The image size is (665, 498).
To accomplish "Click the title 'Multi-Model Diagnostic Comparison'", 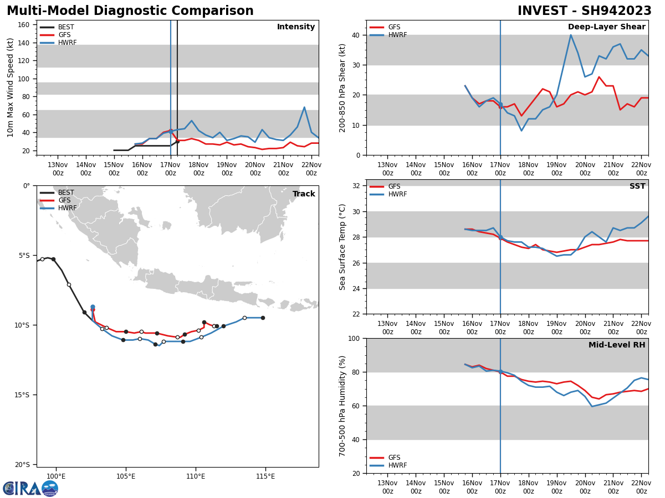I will [130, 11].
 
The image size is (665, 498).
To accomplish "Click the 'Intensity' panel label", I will [296, 27].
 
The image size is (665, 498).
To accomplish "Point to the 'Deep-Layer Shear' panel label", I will [606, 27].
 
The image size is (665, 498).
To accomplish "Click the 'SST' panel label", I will [637, 186].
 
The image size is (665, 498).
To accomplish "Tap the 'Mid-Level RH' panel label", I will [617, 345].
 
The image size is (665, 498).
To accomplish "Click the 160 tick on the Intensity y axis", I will [24, 25].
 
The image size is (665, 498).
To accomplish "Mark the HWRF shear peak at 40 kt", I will [570, 35].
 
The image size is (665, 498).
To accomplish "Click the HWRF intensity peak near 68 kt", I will [304, 107].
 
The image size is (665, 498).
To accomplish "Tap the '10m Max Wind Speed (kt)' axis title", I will [11, 87].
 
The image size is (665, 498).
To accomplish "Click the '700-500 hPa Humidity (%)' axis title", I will [343, 406].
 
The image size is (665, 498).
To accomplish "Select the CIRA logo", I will [30, 488].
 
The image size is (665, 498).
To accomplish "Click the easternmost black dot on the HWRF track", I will [263, 318].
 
